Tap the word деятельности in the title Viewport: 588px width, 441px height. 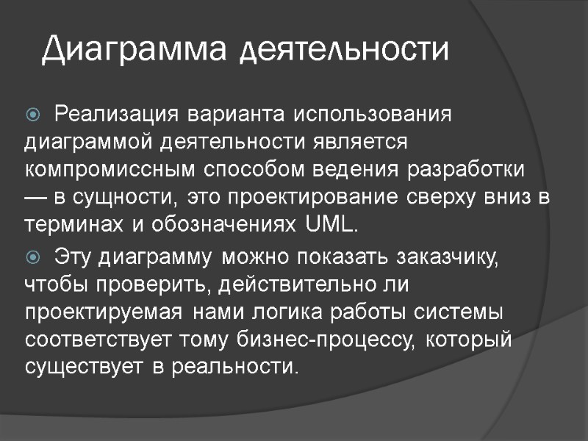[x=345, y=51]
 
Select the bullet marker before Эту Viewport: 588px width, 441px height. [x=33, y=258]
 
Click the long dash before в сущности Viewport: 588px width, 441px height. [x=37, y=198]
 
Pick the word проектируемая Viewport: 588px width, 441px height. [x=103, y=312]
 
